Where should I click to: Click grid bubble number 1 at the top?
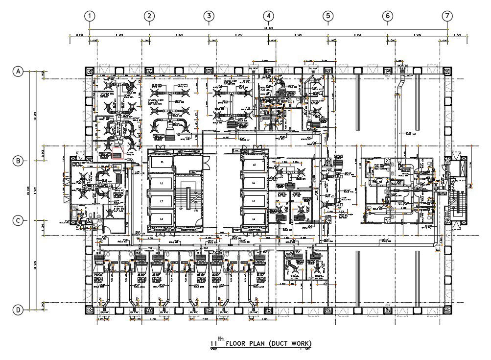pos(90,16)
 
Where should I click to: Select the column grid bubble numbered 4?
pos(268,16)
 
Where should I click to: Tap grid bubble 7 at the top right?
pos(447,16)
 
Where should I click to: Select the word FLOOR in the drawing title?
pos(239,343)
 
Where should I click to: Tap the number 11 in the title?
pos(213,344)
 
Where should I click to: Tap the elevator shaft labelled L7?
pos(254,201)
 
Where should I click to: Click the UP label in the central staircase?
pos(180,209)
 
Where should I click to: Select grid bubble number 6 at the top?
pos(387,16)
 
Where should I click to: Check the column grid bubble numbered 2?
pos(149,16)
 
